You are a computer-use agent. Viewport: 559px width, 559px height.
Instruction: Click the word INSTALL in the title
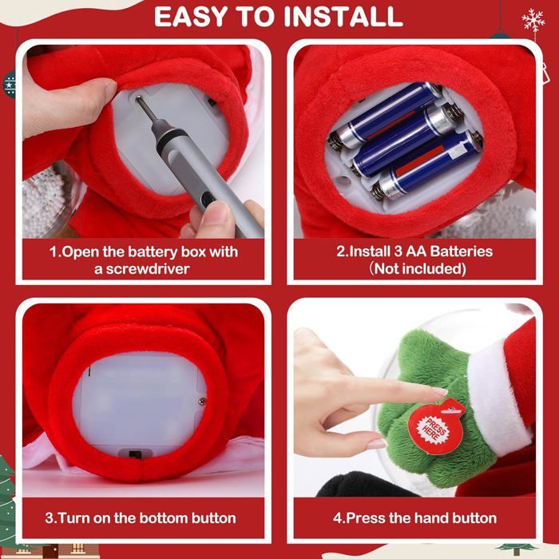(343, 17)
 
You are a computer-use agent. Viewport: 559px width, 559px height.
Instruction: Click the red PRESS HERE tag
(433, 426)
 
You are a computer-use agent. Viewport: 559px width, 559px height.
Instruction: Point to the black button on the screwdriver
(206, 200)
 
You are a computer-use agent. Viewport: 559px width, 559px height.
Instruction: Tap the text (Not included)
(416, 269)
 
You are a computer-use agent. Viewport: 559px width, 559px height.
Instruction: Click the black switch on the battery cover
(134, 455)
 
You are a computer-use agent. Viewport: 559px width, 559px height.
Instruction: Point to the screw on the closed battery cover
(203, 402)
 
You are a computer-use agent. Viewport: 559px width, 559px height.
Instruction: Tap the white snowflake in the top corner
(533, 21)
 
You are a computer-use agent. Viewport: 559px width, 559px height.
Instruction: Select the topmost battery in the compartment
(386, 115)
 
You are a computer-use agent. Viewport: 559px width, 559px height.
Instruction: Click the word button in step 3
(213, 518)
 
